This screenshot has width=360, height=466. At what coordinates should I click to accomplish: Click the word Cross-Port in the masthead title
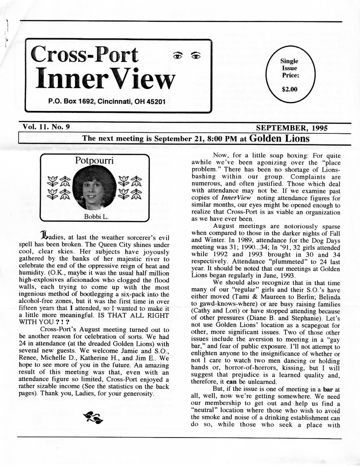[84, 55]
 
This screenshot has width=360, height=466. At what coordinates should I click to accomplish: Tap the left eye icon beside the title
[177, 56]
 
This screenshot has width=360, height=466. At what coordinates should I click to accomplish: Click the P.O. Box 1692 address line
[106, 101]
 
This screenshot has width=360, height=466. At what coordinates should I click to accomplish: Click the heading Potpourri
[95, 161]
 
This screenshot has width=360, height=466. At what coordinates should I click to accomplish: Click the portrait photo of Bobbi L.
[95, 187]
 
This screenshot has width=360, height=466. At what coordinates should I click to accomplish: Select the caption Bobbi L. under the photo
[95, 216]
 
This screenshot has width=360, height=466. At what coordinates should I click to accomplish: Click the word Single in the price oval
[289, 61]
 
